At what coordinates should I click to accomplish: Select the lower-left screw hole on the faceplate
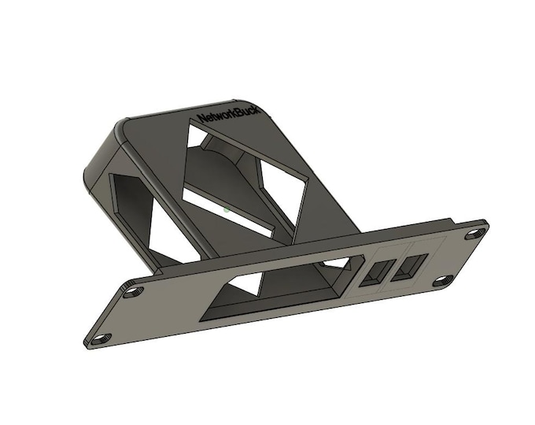pos(100,338)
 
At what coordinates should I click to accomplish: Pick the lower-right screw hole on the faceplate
pos(443,279)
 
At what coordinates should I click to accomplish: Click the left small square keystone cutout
pos(377,272)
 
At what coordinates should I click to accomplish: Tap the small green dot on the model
pos(226,209)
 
